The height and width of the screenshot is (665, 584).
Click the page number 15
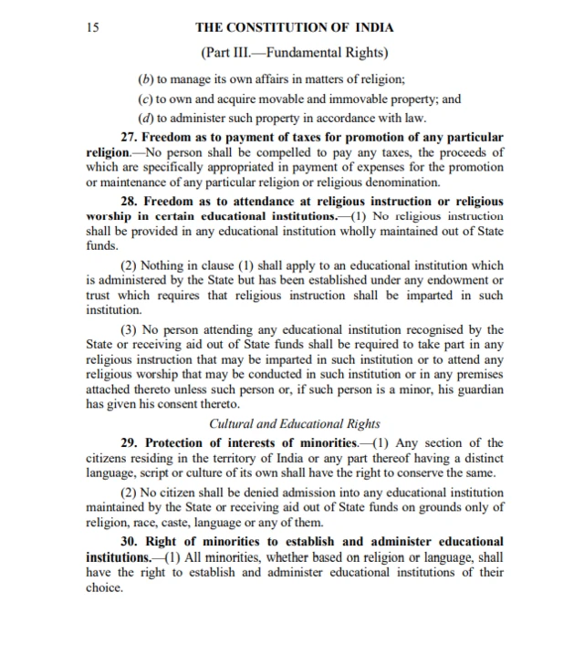point(92,27)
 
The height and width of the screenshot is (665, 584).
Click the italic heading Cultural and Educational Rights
point(295,423)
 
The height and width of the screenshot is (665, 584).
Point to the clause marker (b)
point(146,80)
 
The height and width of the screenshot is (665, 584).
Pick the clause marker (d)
point(146,117)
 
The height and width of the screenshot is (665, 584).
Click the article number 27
point(129,136)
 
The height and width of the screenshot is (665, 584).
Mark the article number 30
point(129,543)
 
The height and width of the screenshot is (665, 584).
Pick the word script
point(164,473)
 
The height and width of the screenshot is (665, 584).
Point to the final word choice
point(104,588)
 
